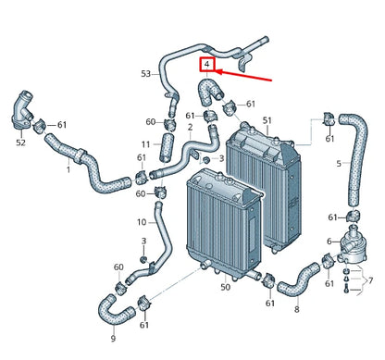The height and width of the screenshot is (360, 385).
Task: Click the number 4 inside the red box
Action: [x=209, y=65]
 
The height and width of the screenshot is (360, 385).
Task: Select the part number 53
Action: [x=146, y=73]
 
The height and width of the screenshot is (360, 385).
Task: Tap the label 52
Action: [x=19, y=143]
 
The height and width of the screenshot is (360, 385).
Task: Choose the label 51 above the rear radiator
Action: [x=267, y=120]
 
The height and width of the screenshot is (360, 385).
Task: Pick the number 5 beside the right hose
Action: [x=339, y=164]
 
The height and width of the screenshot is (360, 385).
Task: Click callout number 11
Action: [x=145, y=144]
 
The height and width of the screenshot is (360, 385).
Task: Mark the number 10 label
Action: [x=142, y=222]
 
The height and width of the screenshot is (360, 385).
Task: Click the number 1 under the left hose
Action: [x=68, y=169]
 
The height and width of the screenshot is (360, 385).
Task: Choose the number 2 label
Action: [x=190, y=127]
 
